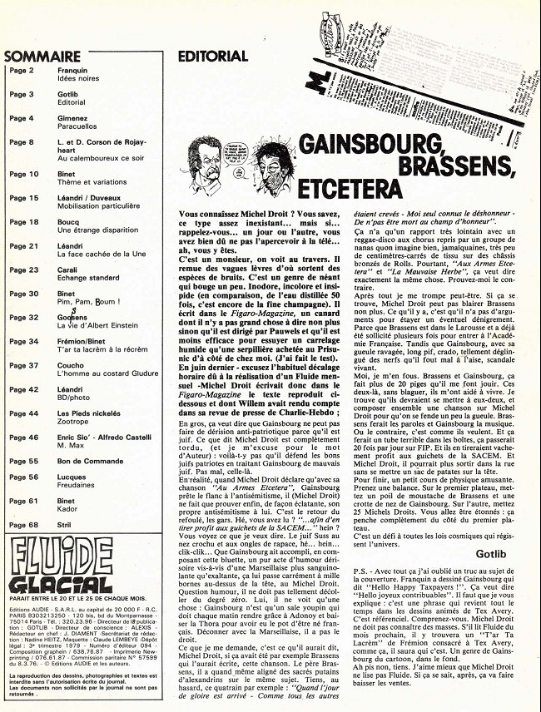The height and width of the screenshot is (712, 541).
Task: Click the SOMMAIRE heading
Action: pos(42,57)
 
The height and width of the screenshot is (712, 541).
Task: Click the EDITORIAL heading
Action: pos(213,57)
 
